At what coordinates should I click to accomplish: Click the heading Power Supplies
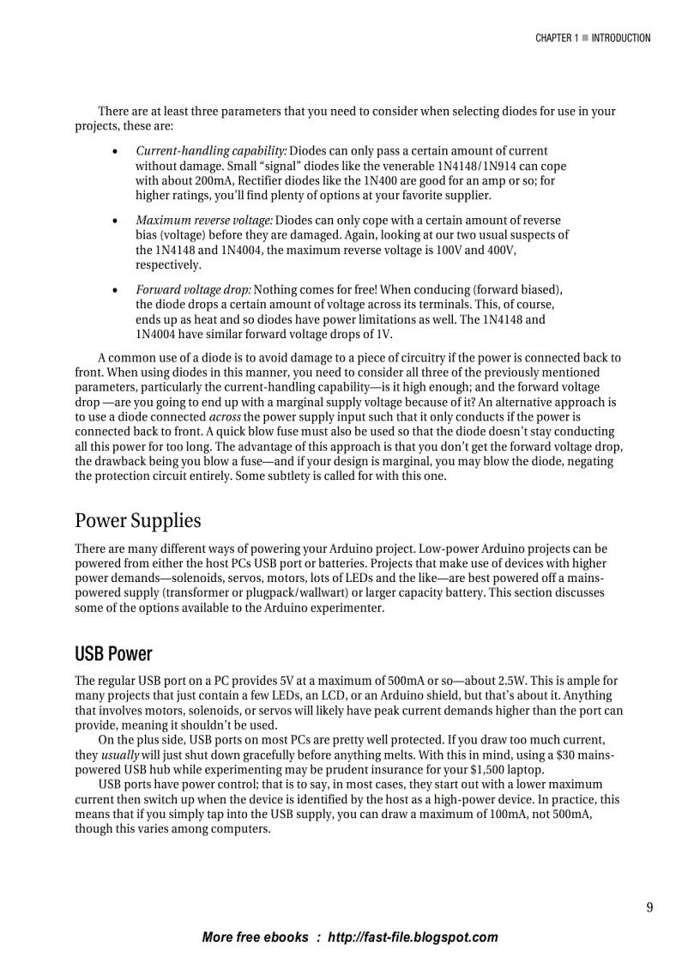[x=137, y=520]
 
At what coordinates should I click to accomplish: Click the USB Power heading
[x=112, y=654]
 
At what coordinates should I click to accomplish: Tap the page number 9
[x=649, y=907]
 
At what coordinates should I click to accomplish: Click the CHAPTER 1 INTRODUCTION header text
[x=593, y=38]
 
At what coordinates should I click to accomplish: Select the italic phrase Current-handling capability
[x=211, y=151]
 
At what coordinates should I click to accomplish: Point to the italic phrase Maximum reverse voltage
[x=204, y=221]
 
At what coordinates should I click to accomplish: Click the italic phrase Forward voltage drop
[x=193, y=290]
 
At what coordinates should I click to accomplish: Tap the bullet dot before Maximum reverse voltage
[x=115, y=221]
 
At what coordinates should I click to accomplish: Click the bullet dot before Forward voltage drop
[x=115, y=290]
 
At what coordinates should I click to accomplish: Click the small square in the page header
[x=584, y=38]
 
